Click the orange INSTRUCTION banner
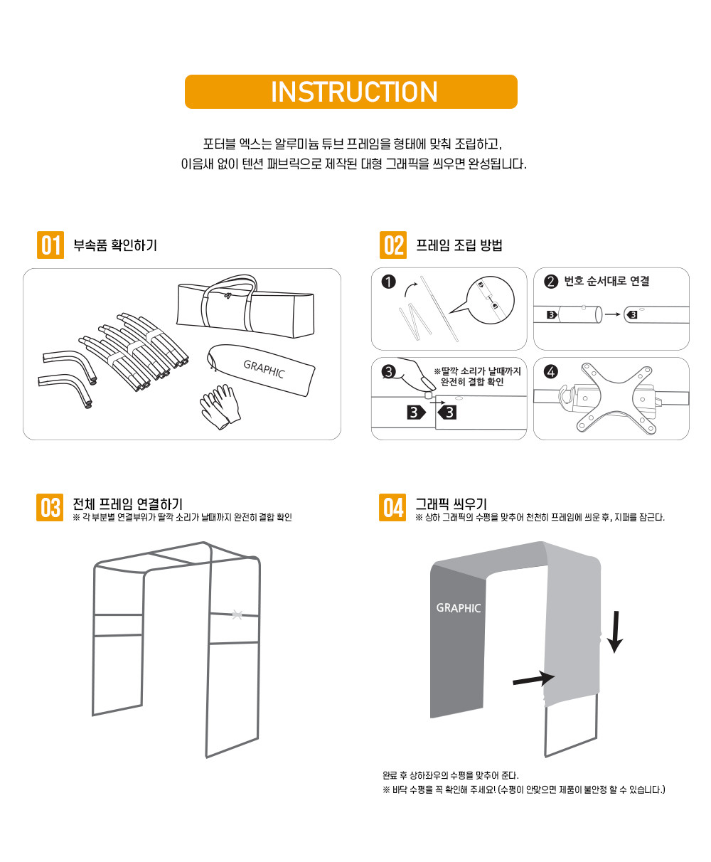351,92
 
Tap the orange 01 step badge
50,245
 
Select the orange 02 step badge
393,245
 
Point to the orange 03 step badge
50,507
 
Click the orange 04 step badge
392,507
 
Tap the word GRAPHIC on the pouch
264,368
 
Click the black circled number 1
388,282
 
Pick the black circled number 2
551,282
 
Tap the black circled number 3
388,371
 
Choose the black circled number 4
551,371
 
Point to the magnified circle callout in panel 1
490,300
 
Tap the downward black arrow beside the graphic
615,632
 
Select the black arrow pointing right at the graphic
533,679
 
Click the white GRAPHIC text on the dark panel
459,608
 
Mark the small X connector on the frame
237,614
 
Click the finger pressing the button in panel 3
417,373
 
